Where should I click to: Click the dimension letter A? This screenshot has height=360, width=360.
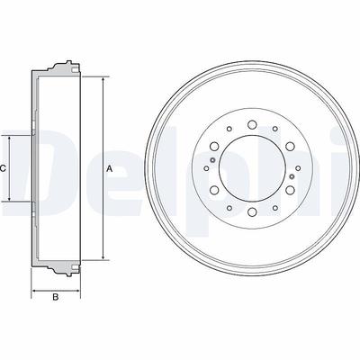coord(110,169)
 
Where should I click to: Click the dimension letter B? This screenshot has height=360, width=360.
coord(55,297)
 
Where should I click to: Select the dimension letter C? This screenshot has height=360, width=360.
coord(3,168)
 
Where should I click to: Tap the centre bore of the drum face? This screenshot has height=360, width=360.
coord(252,168)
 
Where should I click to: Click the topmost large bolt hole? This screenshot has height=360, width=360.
coord(252,124)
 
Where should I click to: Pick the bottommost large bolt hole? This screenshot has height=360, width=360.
coord(252,211)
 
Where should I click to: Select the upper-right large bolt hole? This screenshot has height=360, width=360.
coord(290,146)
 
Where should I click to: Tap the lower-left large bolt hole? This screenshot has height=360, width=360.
coord(214,190)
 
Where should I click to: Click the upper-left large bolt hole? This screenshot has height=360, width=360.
coord(214,146)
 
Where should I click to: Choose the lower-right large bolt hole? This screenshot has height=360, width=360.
coord(290,190)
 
